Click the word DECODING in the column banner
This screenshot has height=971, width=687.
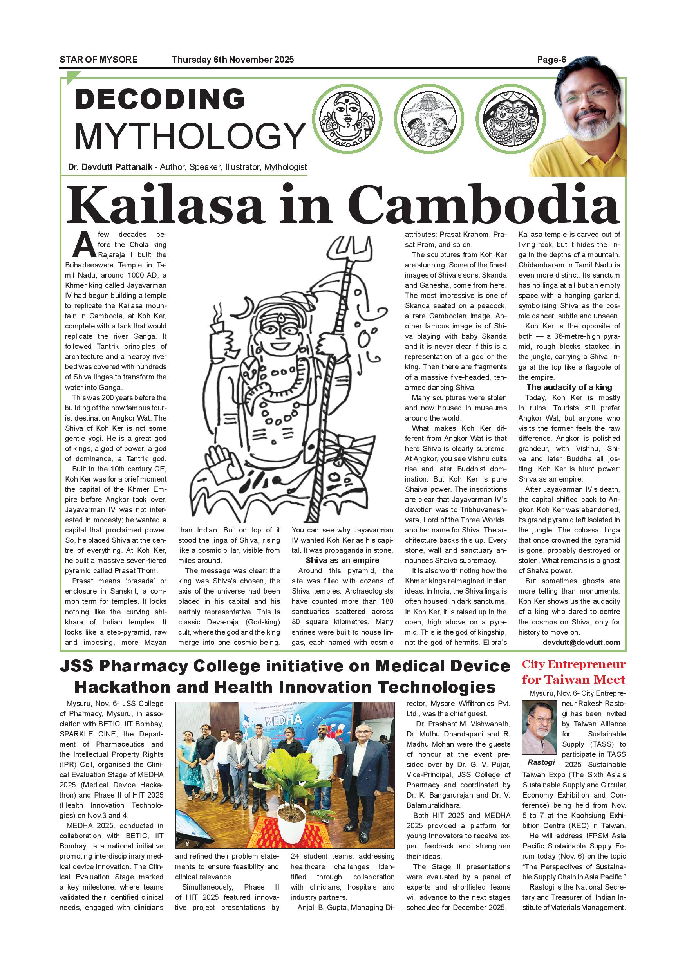pyautogui.click(x=159, y=99)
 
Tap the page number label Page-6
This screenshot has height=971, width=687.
pyautogui.click(x=551, y=60)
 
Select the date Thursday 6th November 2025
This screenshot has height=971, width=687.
pyautogui.click(x=233, y=60)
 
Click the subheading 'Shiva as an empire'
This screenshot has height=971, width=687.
pyautogui.click(x=342, y=560)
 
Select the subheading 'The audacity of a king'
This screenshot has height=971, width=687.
pyautogui.click(x=569, y=387)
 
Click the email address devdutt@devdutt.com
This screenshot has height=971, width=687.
pyautogui.click(x=581, y=643)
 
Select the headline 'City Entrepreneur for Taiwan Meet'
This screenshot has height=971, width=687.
pyautogui.click(x=573, y=672)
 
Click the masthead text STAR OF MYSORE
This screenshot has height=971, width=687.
pyautogui.click(x=99, y=60)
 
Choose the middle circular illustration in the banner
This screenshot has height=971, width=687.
pyautogui.click(x=428, y=119)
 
